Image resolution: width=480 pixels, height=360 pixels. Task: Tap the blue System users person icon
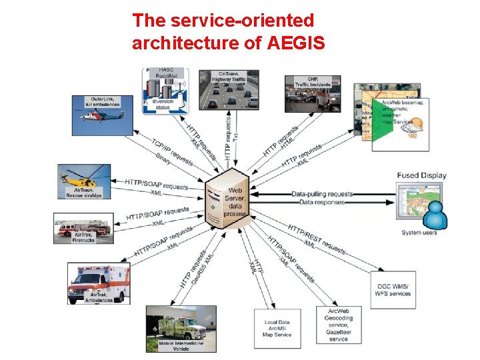point(435,214)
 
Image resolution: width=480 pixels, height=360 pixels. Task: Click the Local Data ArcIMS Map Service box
point(277,328)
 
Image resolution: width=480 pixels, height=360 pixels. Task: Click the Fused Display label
point(421,176)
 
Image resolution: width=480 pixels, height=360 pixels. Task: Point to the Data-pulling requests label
point(322,194)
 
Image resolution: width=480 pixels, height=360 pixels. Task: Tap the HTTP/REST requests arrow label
point(317,238)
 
